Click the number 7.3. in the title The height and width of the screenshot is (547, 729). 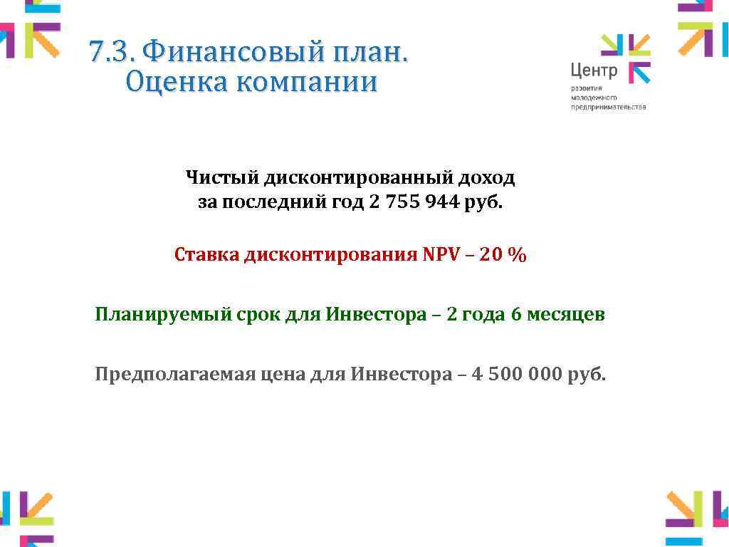click(x=112, y=52)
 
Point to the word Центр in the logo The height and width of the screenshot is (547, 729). click(x=594, y=71)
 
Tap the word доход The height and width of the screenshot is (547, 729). click(x=486, y=177)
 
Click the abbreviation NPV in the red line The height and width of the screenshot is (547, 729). click(x=442, y=255)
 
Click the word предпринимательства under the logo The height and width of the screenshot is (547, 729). click(x=608, y=107)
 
